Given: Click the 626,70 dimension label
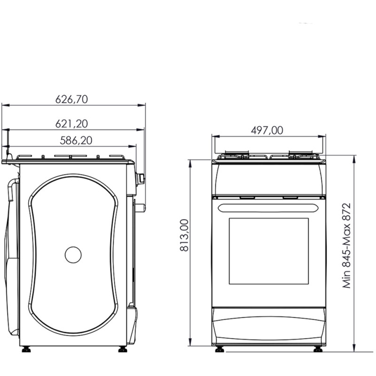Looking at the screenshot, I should pos(72,99).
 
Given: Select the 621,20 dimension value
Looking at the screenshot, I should pos(72,124).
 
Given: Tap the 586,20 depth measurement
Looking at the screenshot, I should pos(76,140).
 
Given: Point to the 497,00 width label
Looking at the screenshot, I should pos(267,131).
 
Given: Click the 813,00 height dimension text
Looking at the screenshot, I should pos(184,235).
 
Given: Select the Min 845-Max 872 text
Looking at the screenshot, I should pos(347,246).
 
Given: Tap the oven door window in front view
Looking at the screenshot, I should pos(269,251).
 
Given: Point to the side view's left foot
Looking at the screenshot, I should pos(26,349).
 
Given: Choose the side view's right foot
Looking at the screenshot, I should pos(123,349).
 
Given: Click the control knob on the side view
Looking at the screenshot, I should pos(140,179).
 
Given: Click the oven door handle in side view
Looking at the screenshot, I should pos(140,207).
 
